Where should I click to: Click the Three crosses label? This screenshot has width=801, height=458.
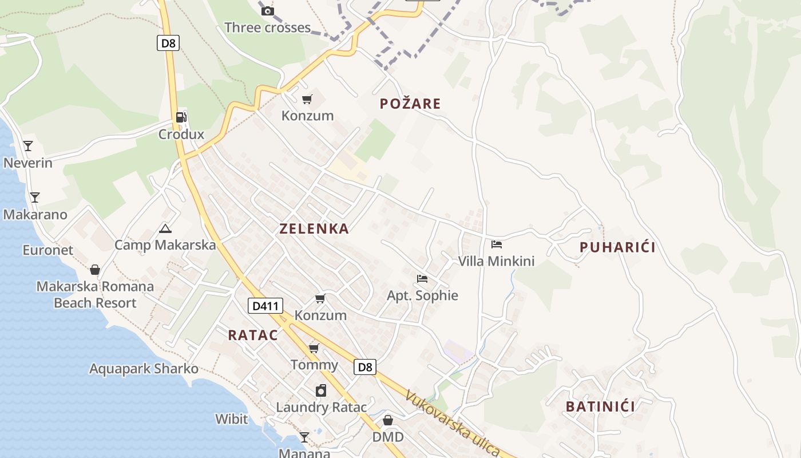tap(267, 27)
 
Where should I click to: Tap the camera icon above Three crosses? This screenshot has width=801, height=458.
tap(267, 11)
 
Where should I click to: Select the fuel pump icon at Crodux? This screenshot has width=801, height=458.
tap(181, 117)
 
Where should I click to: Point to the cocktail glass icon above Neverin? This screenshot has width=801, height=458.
tap(28, 145)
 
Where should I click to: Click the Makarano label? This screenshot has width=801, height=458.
tap(35, 215)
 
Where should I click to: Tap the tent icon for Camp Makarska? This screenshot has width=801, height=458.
tap(165, 229)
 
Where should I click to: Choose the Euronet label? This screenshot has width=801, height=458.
tap(48, 250)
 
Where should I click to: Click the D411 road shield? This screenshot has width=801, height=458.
tap(265, 306)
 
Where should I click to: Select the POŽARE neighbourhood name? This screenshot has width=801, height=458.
tap(410, 104)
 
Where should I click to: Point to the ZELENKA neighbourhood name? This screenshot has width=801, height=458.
tap(314, 229)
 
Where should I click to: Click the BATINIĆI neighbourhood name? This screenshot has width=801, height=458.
tap(601, 406)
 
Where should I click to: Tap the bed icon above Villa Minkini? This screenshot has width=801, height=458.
tap(496, 244)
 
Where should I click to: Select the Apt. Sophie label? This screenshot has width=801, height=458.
tap(422, 295)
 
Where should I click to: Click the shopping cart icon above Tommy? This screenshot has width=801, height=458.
tap(314, 348)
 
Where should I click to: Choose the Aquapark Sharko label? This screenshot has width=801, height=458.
tap(144, 369)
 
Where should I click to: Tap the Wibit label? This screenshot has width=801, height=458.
tap(232, 419)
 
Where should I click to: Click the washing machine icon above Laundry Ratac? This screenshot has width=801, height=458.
tap(321, 391)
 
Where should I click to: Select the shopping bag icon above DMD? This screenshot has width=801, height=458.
tap(388, 421)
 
